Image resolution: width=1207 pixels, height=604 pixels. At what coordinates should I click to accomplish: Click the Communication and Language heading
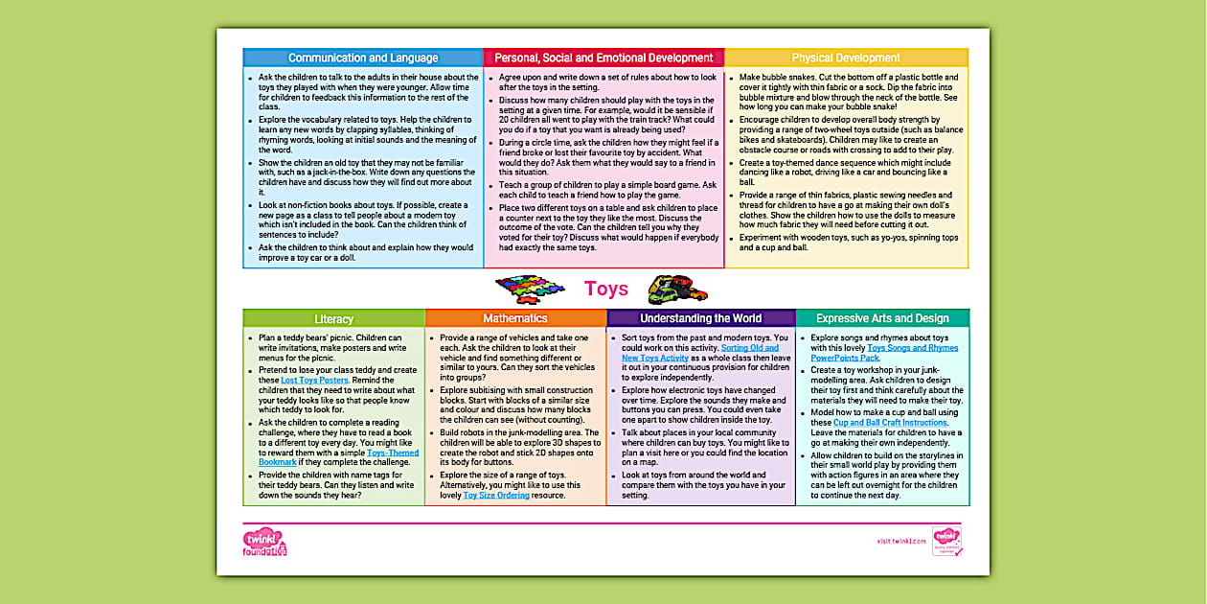click(x=363, y=58)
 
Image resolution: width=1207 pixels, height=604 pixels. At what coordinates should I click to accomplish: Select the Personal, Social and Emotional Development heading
click(x=603, y=58)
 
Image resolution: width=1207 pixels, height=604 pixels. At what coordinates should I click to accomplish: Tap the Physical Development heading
click(x=846, y=58)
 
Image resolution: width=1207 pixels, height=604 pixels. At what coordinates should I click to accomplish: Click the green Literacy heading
click(x=333, y=318)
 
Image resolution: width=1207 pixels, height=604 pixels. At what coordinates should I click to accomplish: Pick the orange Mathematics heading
click(x=515, y=318)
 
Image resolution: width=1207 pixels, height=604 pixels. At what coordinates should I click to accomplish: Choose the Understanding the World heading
click(x=700, y=318)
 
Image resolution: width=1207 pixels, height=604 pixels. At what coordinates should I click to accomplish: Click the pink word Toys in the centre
click(x=606, y=289)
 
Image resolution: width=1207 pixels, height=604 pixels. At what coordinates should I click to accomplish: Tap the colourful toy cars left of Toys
click(x=530, y=288)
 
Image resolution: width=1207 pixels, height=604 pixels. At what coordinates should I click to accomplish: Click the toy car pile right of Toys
click(x=678, y=289)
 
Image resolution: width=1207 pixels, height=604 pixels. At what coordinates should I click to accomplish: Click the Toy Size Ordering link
click(x=494, y=495)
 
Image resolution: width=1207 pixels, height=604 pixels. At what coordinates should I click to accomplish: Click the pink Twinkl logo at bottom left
click(x=264, y=542)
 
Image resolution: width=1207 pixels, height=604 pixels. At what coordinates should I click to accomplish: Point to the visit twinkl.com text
click(x=901, y=542)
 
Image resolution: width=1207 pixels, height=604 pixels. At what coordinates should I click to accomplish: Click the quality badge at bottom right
click(x=946, y=541)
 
